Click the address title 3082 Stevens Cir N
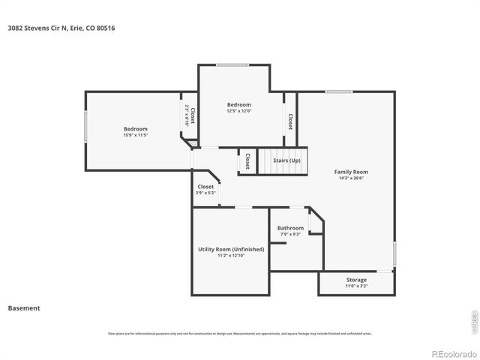pyautogui.click(x=61, y=28)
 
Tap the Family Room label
pyautogui.click(x=351, y=172)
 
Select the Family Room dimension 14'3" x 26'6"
pyautogui.click(x=351, y=178)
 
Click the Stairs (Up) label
pyautogui.click(x=286, y=160)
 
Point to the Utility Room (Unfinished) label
pyautogui.click(x=230, y=249)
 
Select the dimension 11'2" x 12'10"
pyautogui.click(x=230, y=256)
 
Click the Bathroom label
pyautogui.click(x=290, y=228)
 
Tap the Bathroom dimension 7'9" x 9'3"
pyautogui.click(x=290, y=235)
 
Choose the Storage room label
pyautogui.click(x=356, y=280)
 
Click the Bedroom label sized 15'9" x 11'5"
pyautogui.click(x=136, y=129)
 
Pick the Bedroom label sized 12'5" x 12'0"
pyautogui.click(x=239, y=104)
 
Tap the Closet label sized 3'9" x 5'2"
pyautogui.click(x=205, y=187)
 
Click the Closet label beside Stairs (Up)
pyautogui.click(x=247, y=160)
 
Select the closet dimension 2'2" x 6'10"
pyautogui.click(x=187, y=116)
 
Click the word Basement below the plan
pyautogui.click(x=24, y=307)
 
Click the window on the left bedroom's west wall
pyautogui.click(x=85, y=125)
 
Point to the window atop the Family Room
pyautogui.click(x=339, y=91)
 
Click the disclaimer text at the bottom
pyautogui.click(x=240, y=334)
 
